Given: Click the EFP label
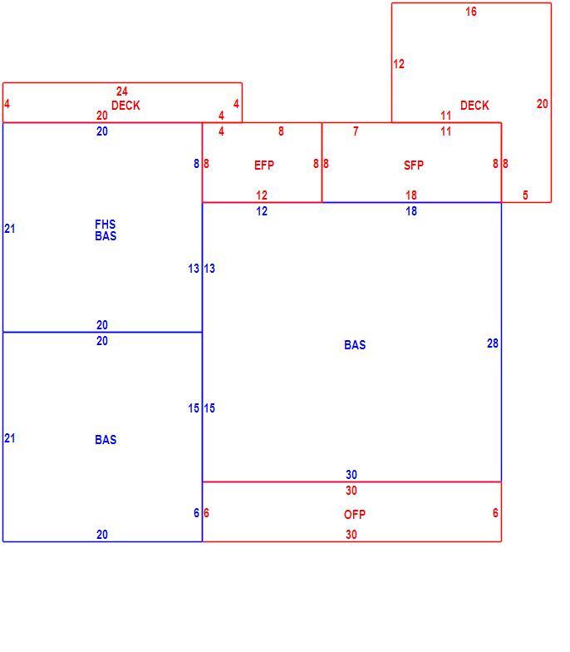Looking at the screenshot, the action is coord(264,165).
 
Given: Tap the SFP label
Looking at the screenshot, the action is coord(414,165).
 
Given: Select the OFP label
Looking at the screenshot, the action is coord(354,515).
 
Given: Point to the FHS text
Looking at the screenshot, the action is coord(105,225).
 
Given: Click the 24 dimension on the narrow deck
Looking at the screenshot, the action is coord(121,91).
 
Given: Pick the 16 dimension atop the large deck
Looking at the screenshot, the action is coord(470,12).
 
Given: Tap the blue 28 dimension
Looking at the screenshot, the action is coord(492,343).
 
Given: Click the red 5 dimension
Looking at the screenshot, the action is coord(525,195).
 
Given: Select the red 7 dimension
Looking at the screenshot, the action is coord(356,131).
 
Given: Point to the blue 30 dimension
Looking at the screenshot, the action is coord(351,475).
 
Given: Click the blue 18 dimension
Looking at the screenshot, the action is coord(410,211).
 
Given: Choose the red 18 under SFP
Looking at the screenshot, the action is coord(410,195).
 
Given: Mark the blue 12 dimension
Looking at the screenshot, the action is coord(261,211).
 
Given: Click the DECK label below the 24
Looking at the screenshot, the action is coord(125,106).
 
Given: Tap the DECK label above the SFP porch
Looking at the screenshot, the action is coord(474,106).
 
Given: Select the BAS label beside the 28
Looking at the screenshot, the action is coord(355,345).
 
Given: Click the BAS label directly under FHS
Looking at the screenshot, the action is coord(106,236).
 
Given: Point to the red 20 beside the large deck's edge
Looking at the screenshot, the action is coord(542,104).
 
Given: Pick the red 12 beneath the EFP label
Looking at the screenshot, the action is coord(261,195).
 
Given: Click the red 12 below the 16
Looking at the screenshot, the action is coord(399,64).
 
